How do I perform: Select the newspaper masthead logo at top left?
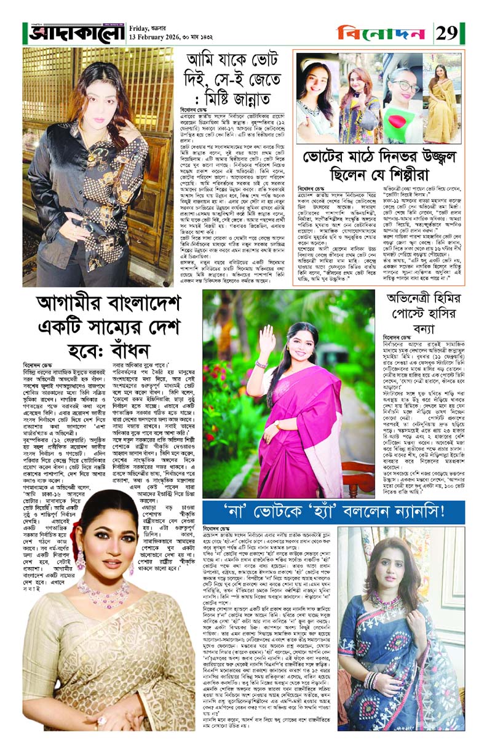[x=74, y=32]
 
